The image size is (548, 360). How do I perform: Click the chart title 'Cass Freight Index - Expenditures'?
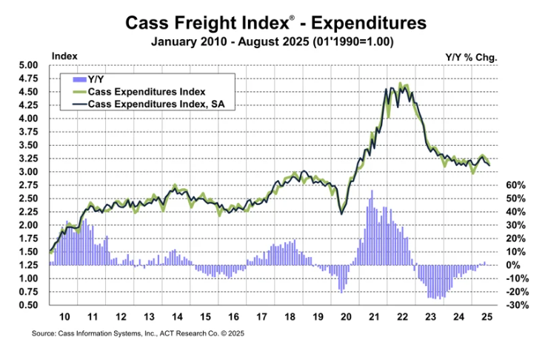pos(273,23)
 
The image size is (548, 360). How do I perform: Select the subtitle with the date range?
pos(273,41)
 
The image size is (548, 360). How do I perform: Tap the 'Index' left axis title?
pos(64,56)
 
